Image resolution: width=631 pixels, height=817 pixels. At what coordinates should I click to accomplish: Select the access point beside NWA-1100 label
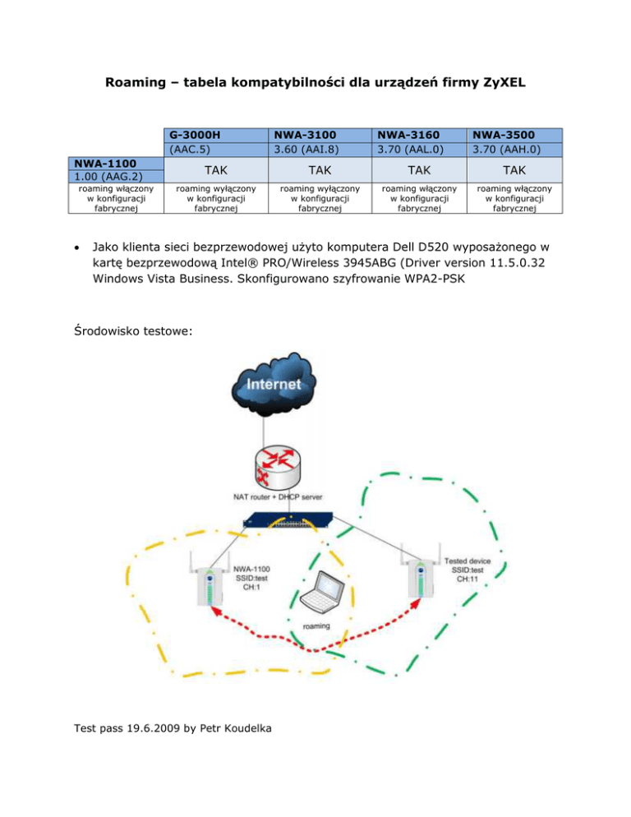click(211, 586)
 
